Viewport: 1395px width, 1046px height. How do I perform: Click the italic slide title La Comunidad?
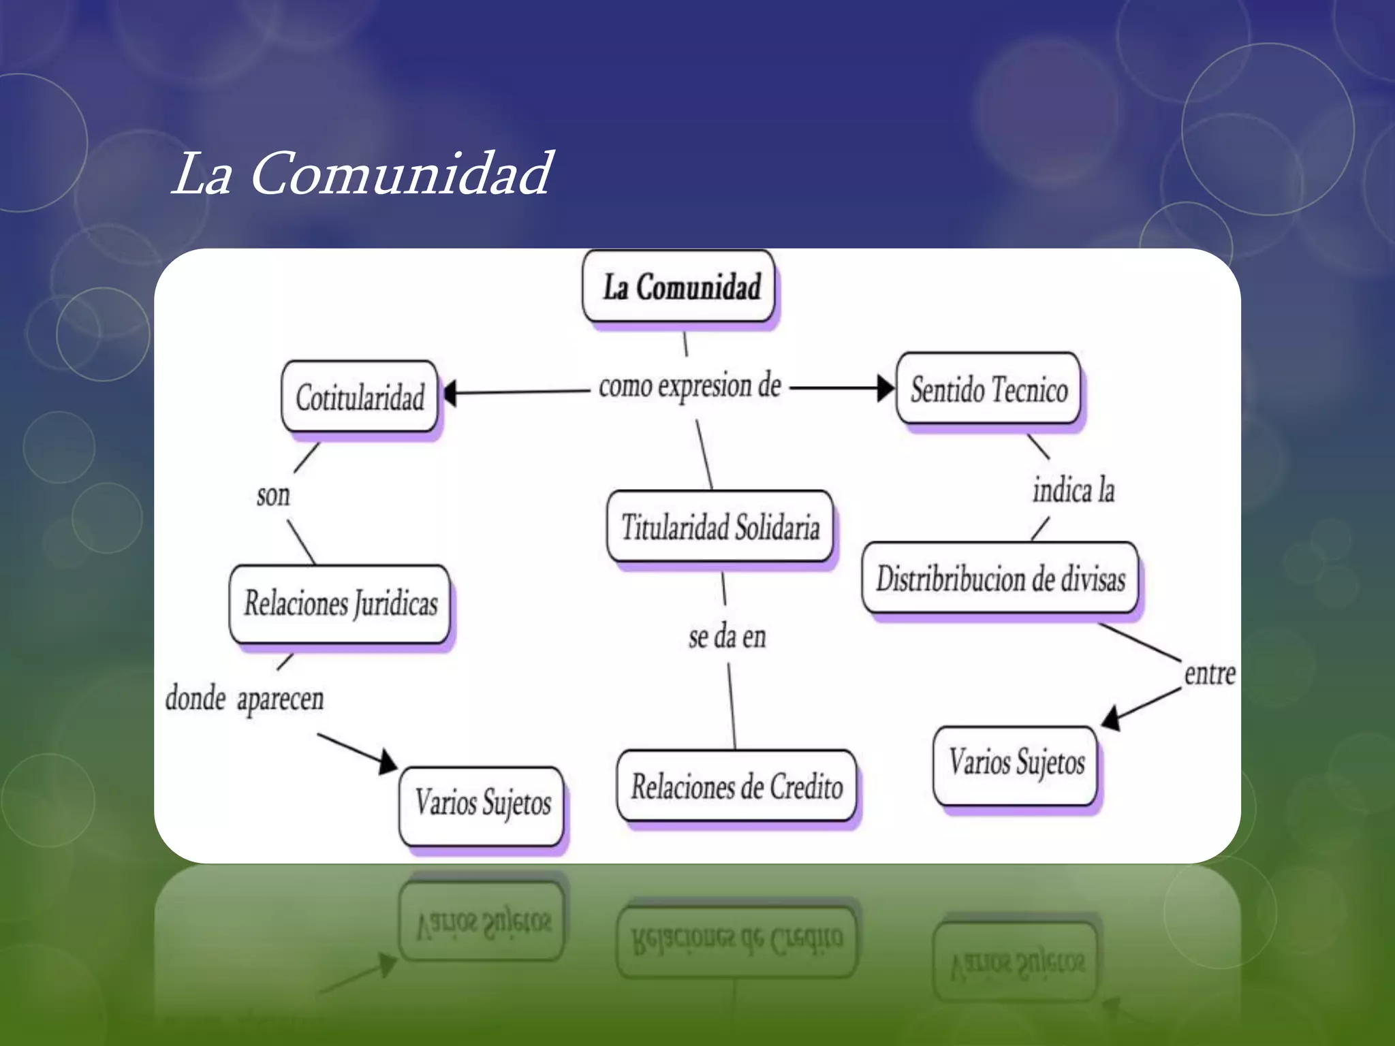point(361,174)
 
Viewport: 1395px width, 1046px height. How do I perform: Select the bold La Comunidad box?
point(679,286)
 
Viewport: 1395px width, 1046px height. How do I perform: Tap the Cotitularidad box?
point(360,397)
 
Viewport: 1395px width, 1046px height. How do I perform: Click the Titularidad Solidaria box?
point(720,527)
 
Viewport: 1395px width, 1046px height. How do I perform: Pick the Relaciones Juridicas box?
point(340,603)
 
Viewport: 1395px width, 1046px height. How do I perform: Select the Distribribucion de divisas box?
point(1000,579)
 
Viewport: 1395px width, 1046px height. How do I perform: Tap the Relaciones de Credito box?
point(736,787)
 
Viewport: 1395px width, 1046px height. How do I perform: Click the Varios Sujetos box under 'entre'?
point(1016,763)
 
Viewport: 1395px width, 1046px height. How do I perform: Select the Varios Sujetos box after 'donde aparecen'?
point(482,804)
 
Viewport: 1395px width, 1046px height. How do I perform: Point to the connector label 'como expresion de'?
point(689,386)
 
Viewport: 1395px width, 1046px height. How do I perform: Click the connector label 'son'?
point(273,495)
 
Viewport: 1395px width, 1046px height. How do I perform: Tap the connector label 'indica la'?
point(1073,490)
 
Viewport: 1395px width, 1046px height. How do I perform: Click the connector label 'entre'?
point(1209,674)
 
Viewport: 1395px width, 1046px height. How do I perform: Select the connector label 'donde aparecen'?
point(245,699)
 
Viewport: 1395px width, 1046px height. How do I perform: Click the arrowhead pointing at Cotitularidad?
point(450,394)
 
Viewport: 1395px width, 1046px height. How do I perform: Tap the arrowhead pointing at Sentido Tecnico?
point(885,388)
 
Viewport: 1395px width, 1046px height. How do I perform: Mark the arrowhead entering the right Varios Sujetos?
point(1112,718)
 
